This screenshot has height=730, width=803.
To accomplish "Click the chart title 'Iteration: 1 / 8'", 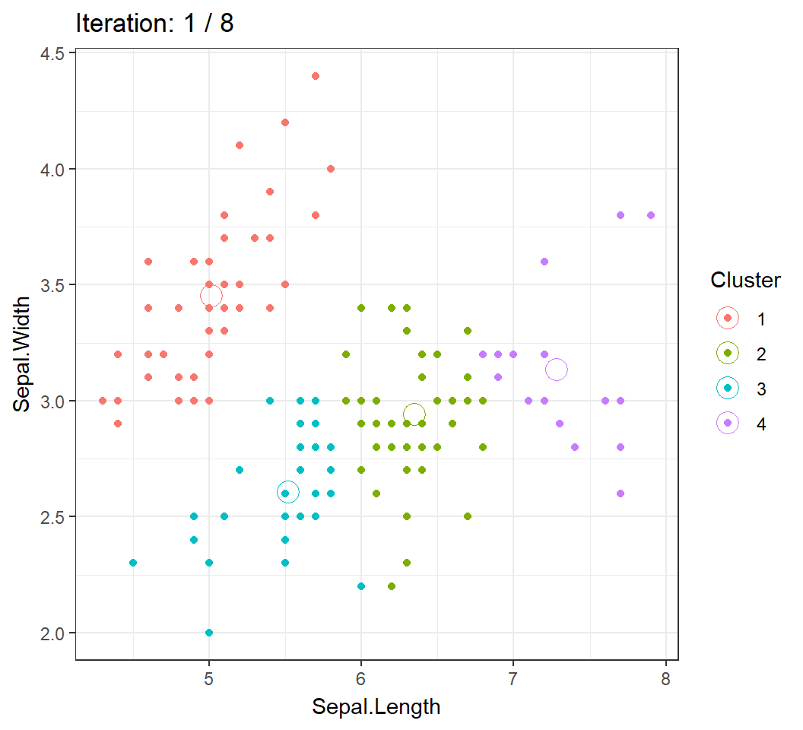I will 154,24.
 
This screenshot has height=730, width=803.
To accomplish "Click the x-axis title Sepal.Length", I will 376,706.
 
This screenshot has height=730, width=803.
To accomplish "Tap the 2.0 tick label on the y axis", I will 53,633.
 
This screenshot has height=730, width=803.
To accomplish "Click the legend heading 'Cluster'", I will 745,281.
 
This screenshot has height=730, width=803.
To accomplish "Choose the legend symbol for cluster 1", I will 728,319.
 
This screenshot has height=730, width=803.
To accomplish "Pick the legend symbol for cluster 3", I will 728,389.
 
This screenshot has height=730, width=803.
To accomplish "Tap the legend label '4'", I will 761,424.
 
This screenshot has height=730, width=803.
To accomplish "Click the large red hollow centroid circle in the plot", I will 211,296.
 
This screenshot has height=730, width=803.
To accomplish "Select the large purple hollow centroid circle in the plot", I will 556,370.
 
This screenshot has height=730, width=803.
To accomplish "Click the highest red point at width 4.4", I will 316,76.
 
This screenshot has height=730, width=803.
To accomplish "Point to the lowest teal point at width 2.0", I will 209,633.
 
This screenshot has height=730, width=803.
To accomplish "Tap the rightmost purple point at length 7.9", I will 651,215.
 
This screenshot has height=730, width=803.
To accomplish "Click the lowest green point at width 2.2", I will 392,586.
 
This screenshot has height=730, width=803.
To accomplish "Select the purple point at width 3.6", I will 544,262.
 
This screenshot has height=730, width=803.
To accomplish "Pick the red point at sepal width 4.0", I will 331,169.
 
